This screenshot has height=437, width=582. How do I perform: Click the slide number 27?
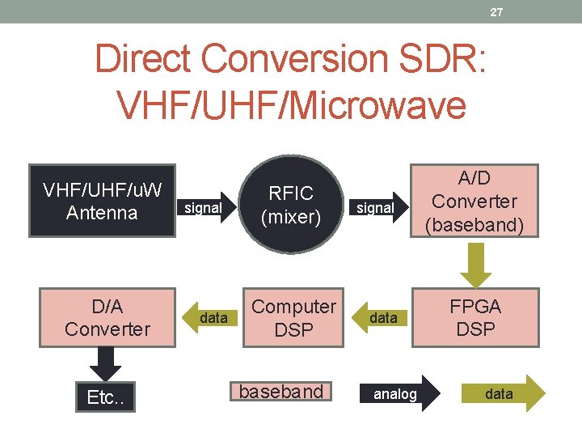[x=498, y=12]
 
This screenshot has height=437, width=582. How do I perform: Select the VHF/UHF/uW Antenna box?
[x=102, y=202]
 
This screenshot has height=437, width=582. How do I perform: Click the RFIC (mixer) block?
[x=291, y=205]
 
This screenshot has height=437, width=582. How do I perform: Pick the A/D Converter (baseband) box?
[x=474, y=202]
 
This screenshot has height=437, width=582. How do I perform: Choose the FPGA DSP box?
[x=474, y=318]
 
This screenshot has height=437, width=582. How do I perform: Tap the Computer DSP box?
[x=293, y=318]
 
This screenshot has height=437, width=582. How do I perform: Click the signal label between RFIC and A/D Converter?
[x=375, y=208]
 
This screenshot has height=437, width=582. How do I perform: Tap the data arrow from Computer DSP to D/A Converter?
[x=211, y=318]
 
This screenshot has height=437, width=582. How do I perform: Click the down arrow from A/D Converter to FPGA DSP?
[x=474, y=261]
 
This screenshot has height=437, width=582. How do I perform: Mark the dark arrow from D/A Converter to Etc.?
[x=105, y=364]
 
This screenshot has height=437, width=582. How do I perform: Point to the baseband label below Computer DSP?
[x=280, y=392]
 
